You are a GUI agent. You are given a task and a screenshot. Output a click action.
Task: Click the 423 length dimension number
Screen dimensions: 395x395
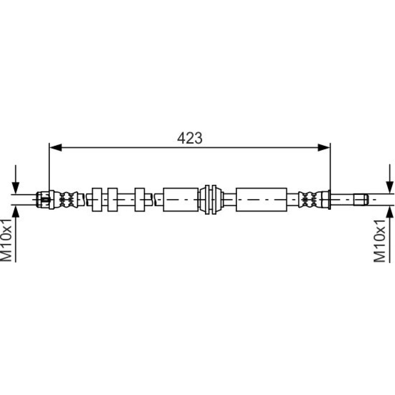(x=190, y=138)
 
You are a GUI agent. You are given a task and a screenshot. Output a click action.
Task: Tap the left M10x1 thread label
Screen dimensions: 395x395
(x=6, y=240)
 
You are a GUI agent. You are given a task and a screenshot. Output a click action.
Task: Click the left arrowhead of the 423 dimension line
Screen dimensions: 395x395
(x=56, y=148)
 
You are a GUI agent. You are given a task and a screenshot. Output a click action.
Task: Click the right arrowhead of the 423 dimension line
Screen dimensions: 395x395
(x=324, y=148)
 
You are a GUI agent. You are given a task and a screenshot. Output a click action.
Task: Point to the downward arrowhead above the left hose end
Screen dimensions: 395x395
(x=16, y=187)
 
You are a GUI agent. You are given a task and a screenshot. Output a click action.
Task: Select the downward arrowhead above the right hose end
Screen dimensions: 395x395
(x=390, y=187)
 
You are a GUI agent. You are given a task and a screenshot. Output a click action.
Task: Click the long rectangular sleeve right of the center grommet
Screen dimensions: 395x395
(x=261, y=199)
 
